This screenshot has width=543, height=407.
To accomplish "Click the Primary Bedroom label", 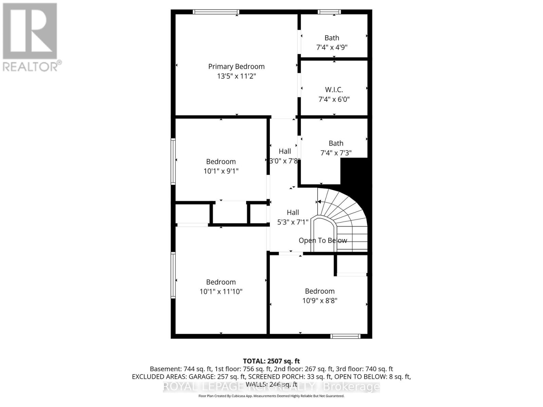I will tap(236, 66).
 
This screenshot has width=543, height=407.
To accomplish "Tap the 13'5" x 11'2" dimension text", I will tap(236, 76).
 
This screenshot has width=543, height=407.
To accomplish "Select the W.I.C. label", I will tap(334, 90).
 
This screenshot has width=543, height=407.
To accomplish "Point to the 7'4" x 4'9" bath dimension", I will tap(332, 47).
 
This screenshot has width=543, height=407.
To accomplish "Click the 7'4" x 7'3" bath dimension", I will tap(336, 153).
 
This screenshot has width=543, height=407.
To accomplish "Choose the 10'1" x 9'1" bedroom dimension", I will tap(221, 171).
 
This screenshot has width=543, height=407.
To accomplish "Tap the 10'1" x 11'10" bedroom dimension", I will tap(221, 291).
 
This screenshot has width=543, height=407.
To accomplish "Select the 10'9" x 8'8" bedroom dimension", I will tap(320, 301).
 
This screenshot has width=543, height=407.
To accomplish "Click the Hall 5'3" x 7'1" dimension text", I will tap(293, 222).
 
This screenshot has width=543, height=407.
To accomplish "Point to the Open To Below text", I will tap(323, 240).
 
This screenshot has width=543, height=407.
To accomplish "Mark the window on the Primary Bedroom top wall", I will tap(216, 12).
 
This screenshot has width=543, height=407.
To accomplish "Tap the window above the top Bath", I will tap(329, 12).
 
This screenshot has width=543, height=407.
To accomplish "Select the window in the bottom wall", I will tap(345, 336).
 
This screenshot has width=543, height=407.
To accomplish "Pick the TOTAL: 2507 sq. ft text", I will tap(271, 361).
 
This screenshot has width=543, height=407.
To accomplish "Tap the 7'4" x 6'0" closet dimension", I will tap(334, 99).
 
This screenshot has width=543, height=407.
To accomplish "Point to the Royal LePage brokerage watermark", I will tap(271, 386).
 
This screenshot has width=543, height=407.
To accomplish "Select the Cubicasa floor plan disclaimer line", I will tap(271, 396).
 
